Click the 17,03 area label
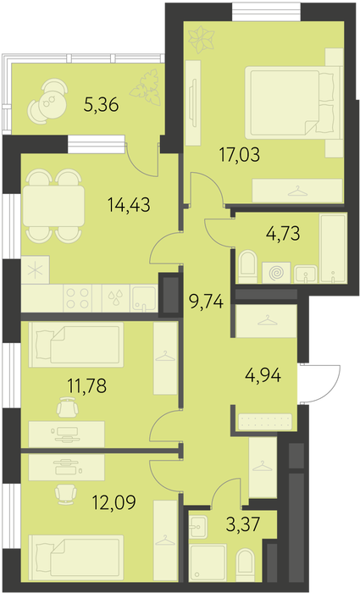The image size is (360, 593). click(240, 155)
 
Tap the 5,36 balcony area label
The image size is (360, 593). click(102, 105)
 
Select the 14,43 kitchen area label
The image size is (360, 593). click(129, 205)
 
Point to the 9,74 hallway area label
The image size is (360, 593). click(207, 302)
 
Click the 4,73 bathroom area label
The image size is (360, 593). click(283, 234)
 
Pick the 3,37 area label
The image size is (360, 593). click(244, 524)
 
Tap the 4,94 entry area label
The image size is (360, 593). click(263, 375)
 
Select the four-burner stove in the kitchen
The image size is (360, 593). click(78, 299)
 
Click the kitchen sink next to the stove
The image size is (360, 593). click(143, 298)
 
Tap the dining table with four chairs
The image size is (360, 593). click(53, 206)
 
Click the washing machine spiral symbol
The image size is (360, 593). click(276, 273)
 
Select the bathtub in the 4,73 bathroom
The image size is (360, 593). click(333, 248)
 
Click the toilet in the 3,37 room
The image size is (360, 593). click(245, 565)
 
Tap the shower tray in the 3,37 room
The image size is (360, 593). click(208, 563)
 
